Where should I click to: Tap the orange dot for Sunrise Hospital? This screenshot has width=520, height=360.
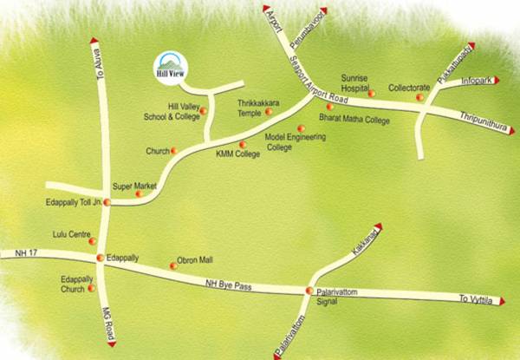[x=371, y=93]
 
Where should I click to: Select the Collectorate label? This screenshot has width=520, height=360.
[x=409, y=88]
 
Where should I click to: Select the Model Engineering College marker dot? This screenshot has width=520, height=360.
[x=300, y=128]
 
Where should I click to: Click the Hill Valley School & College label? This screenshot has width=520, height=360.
[x=170, y=110]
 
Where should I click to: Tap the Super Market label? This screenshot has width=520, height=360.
[x=134, y=187]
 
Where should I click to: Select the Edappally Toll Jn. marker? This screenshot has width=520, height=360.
[x=107, y=202]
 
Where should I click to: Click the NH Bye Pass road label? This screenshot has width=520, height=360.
[x=228, y=282]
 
